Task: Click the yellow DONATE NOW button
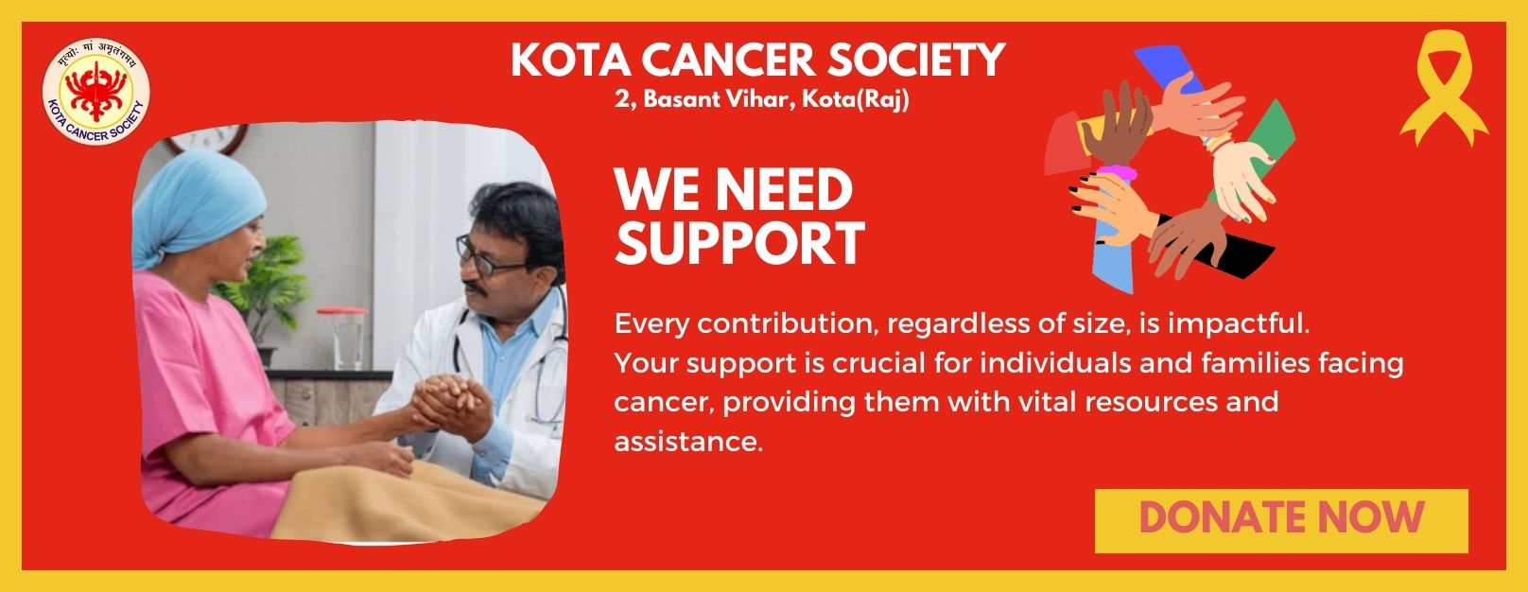click(1281, 520)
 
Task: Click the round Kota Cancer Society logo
click(96, 91)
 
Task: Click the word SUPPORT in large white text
click(739, 243)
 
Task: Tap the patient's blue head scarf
click(197, 204)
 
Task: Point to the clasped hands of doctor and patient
click(452, 405)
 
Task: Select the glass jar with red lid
click(342, 339)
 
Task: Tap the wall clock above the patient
click(209, 138)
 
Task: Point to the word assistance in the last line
click(688, 442)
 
